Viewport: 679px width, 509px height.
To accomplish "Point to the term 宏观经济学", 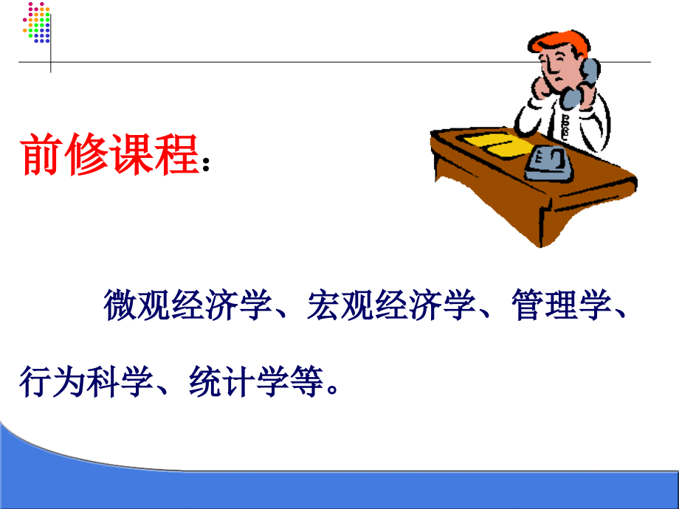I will click(389, 305).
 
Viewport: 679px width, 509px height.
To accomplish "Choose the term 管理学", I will click(559, 305).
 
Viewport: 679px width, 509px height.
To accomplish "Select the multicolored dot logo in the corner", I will click(36, 22).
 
